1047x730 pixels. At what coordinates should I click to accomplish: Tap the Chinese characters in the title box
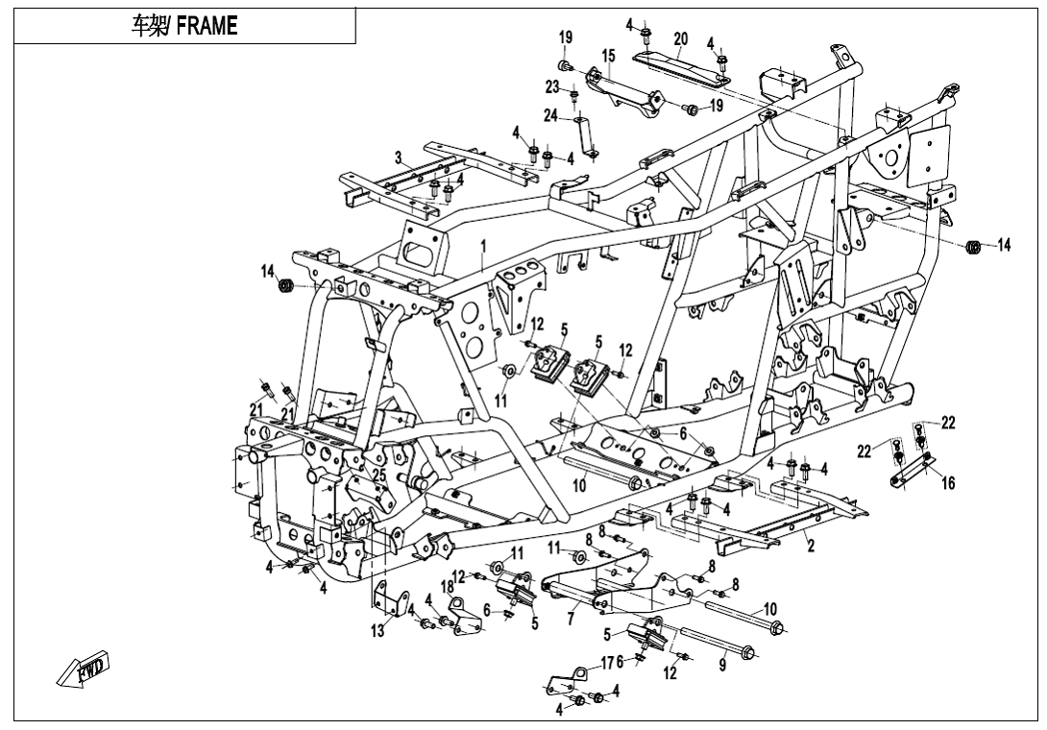pyautogui.click(x=148, y=25)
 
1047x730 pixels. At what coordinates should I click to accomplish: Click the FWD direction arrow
pyautogui.click(x=83, y=668)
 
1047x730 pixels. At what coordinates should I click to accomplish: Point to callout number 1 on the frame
pyautogui.click(x=483, y=247)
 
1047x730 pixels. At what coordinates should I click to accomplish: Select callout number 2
pyautogui.click(x=811, y=546)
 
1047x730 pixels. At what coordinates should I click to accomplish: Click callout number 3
pyautogui.click(x=399, y=158)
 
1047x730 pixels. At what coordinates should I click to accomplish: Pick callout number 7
pyautogui.click(x=571, y=620)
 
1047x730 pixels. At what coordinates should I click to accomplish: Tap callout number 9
pyautogui.click(x=721, y=666)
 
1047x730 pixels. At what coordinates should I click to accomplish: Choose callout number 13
pyautogui.click(x=377, y=629)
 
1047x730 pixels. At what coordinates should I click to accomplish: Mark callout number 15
pyautogui.click(x=608, y=56)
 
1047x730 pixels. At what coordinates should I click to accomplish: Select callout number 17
pyautogui.click(x=607, y=663)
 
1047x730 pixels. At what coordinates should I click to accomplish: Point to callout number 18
pyautogui.click(x=447, y=587)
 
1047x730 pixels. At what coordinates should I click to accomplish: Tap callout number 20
pyautogui.click(x=680, y=38)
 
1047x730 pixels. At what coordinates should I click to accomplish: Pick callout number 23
pyautogui.click(x=551, y=86)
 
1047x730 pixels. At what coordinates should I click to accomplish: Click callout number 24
pyautogui.click(x=550, y=115)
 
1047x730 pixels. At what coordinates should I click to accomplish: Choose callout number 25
pyautogui.click(x=378, y=475)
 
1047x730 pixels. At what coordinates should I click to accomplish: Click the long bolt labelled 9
pyautogui.click(x=718, y=639)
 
